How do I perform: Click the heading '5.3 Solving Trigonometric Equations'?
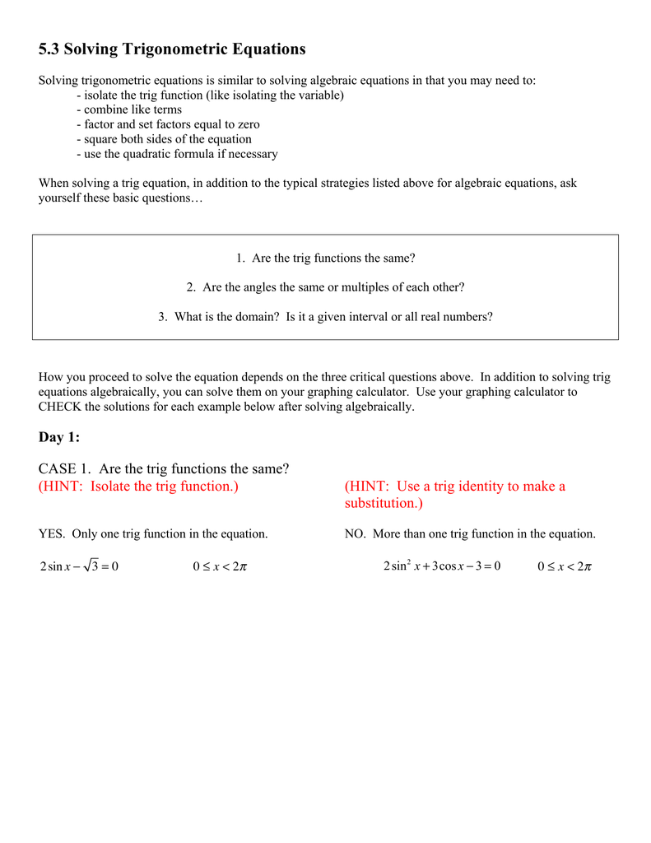point(172,49)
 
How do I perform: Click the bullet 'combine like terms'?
point(129,109)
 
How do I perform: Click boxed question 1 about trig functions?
point(325,258)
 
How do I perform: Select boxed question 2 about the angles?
point(325,287)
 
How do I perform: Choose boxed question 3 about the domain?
point(325,316)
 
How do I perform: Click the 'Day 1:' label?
point(59,438)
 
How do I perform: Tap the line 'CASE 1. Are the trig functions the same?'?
point(164,469)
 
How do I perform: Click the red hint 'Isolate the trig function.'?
point(138,487)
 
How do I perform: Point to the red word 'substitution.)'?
point(384,503)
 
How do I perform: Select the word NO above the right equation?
point(355,534)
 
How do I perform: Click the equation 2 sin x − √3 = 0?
point(79,566)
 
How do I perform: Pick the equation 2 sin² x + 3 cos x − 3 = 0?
point(442,566)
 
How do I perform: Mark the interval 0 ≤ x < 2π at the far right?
point(565,566)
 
